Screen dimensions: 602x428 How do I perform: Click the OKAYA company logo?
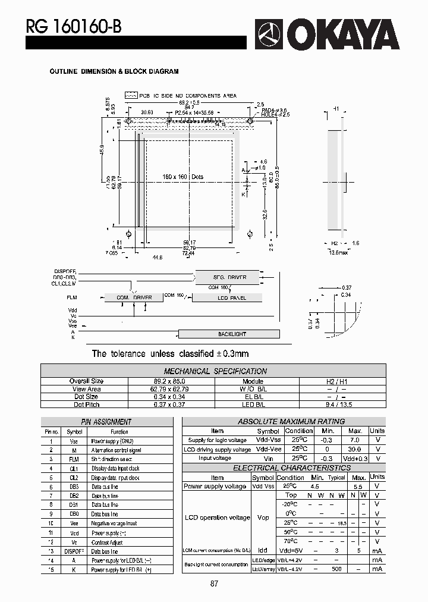(328, 34)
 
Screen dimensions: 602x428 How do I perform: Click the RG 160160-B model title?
(73, 26)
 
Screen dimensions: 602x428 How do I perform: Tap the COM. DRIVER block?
(134, 297)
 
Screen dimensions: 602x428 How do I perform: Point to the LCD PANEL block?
(231, 297)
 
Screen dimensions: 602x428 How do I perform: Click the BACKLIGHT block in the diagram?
(231, 334)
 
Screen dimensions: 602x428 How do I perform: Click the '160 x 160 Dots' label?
(182, 177)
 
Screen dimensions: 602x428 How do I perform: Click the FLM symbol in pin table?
(74, 459)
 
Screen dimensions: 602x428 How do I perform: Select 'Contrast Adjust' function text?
(107, 543)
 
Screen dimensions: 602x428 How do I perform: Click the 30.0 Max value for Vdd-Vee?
(355, 450)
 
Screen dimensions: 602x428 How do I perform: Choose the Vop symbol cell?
(263, 518)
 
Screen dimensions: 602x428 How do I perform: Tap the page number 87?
(214, 584)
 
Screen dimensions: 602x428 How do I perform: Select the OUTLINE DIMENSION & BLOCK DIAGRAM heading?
(114, 71)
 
